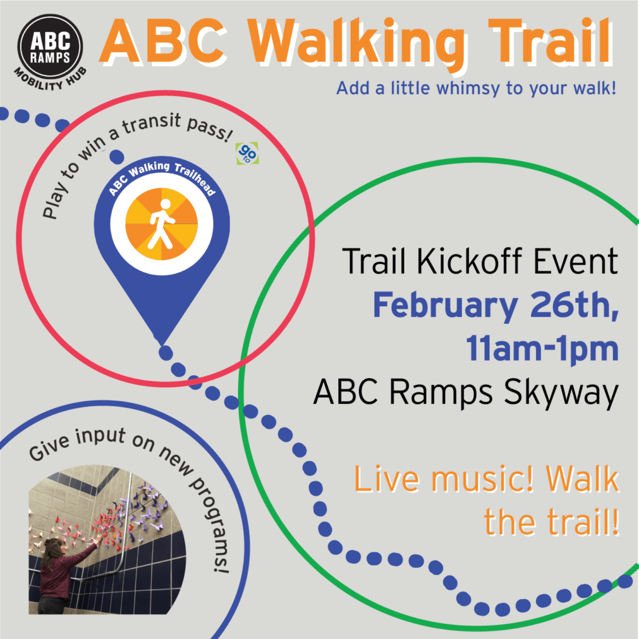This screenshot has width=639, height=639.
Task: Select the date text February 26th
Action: click(x=495, y=306)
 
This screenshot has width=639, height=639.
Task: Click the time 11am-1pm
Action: click(x=542, y=349)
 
